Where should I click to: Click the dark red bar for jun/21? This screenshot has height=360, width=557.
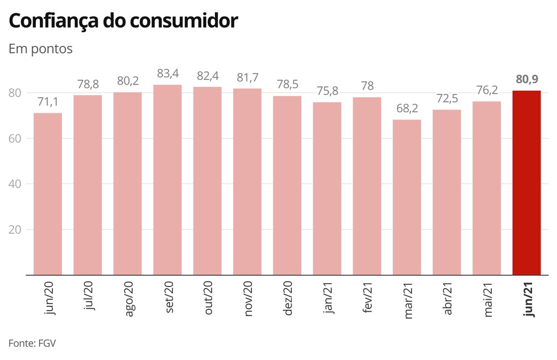pyautogui.click(x=527, y=182)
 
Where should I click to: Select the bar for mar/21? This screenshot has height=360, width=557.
pyautogui.click(x=407, y=197)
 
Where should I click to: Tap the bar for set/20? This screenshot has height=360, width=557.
pyautogui.click(x=167, y=180)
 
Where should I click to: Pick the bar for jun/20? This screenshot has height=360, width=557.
pyautogui.click(x=48, y=194)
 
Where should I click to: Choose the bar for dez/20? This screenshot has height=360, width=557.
pyautogui.click(x=287, y=185)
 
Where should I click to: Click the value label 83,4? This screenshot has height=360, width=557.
pyautogui.click(x=167, y=74)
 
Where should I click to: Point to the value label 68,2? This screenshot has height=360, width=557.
pyautogui.click(x=407, y=109)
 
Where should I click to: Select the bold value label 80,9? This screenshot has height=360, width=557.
pyautogui.click(x=527, y=80)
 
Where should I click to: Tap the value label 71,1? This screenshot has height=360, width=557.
pyautogui.click(x=48, y=102)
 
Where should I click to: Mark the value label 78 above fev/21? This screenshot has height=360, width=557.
pyautogui.click(x=367, y=86)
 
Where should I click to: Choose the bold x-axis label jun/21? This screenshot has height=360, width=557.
pyautogui.click(x=527, y=300)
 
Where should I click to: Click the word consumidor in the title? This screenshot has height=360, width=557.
pyautogui.click(x=184, y=20)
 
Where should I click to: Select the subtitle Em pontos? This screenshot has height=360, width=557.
pyautogui.click(x=40, y=49)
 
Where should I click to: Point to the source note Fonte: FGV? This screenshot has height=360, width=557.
pyautogui.click(x=32, y=343)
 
